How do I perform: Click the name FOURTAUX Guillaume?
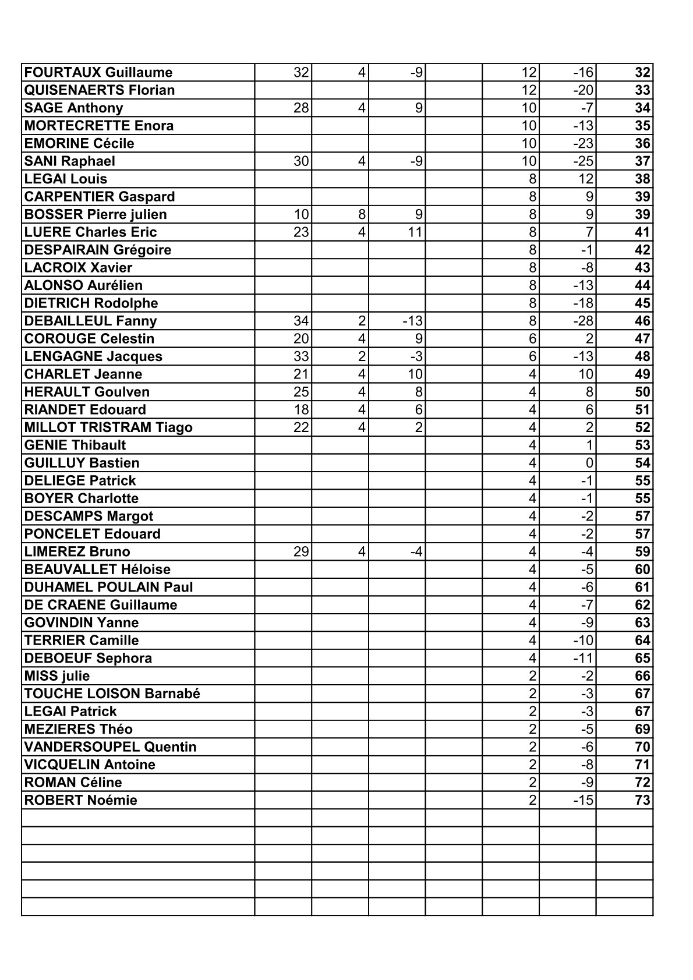coord(98,73)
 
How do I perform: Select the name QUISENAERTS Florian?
coord(100,90)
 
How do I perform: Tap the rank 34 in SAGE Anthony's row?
coord(642,108)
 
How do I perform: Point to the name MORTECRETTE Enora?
coord(99,126)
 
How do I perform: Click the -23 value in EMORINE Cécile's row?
coord(583,144)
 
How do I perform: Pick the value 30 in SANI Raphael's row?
coord(301,161)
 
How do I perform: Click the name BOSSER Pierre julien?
coord(96,215)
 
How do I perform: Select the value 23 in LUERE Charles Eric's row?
coord(301,232)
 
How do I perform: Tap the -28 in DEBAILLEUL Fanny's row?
coord(583,321)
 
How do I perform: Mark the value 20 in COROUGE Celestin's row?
coord(301,339)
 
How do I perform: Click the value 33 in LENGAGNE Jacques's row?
coord(301,357)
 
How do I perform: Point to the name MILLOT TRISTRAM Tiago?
coord(108,428)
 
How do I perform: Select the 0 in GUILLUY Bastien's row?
coord(589,464)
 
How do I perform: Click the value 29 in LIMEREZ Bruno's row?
coord(301,552)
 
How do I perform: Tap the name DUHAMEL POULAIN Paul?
coord(108,588)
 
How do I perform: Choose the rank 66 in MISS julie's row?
coord(642,677)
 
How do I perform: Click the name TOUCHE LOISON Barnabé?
coord(112,694)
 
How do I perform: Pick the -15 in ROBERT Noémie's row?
coord(583,801)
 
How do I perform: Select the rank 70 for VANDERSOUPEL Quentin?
coord(642,748)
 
